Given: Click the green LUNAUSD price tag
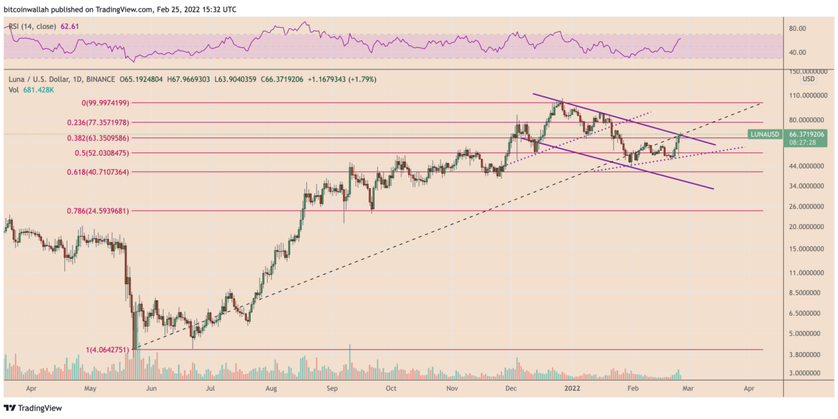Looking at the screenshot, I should click(x=765, y=134).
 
